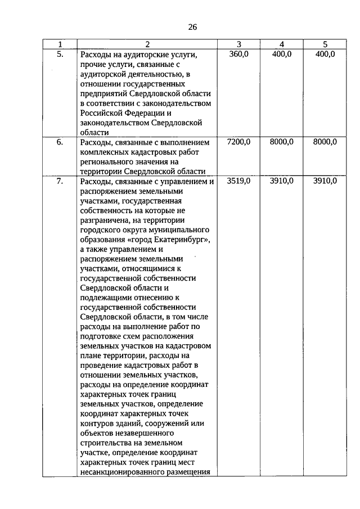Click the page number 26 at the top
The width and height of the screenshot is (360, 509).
(x=192, y=26)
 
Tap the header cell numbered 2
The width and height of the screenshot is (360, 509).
(x=147, y=44)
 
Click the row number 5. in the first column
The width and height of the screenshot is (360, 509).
(x=60, y=54)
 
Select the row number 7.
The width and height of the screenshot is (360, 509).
(x=60, y=181)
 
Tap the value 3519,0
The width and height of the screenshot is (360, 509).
(x=238, y=181)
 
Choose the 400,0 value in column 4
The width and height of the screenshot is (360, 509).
(x=282, y=54)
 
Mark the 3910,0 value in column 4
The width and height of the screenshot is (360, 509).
(x=282, y=181)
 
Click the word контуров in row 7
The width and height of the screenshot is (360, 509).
(x=97, y=424)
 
